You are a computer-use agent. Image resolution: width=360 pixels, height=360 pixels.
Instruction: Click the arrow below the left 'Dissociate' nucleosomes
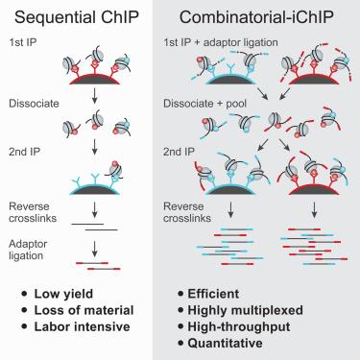coord(93,149)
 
